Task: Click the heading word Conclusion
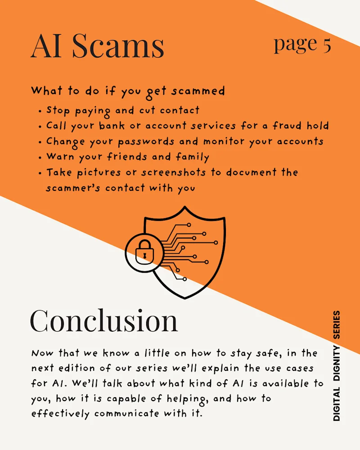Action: (x=104, y=320)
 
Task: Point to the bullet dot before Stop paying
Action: (x=40, y=111)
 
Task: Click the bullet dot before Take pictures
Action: (x=40, y=173)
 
